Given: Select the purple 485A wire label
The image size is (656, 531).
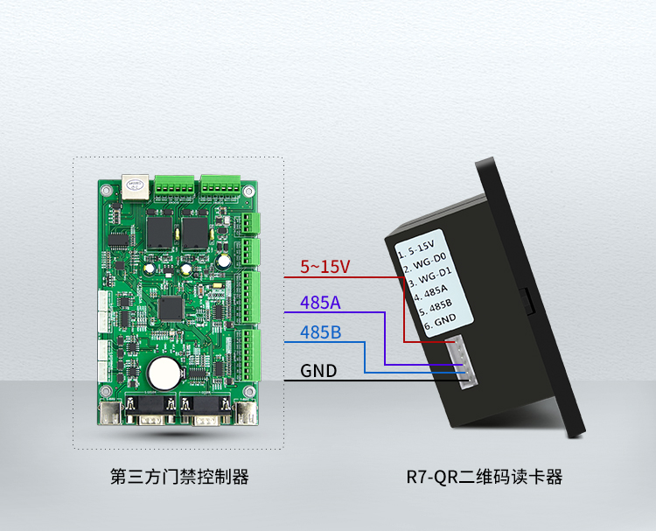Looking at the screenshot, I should (320, 304).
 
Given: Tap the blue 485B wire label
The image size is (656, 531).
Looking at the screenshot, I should (320, 332).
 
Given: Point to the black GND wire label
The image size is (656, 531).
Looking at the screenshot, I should (318, 371).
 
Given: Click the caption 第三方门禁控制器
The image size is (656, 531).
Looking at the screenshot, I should (179, 477).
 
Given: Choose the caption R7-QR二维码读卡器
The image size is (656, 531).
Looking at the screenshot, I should (484, 477).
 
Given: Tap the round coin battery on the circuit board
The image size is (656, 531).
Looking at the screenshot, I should (163, 374).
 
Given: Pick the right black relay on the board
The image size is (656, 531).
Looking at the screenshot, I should (193, 230).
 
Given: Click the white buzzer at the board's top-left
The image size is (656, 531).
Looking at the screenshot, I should (134, 187).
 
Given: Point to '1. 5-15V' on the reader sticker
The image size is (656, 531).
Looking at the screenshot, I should (417, 248).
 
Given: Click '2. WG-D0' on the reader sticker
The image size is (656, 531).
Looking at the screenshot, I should (422, 262).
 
